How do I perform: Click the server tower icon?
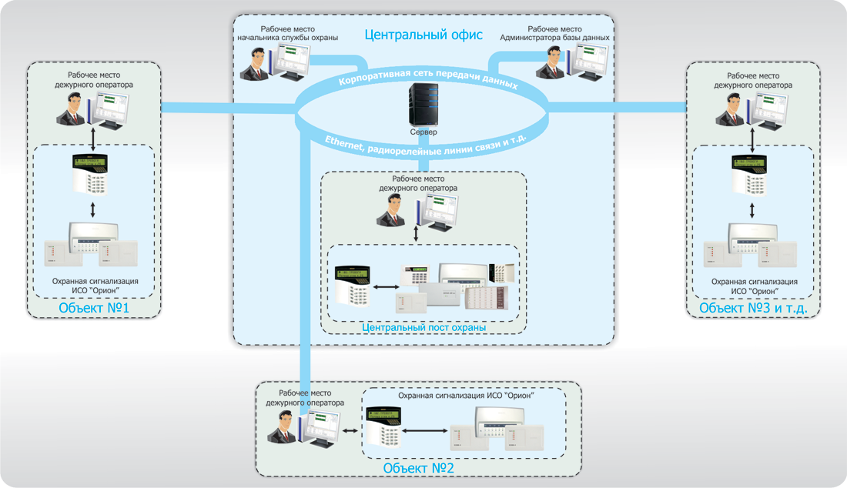(x=423, y=105)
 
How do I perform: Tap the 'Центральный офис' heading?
(x=423, y=35)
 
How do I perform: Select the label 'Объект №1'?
(x=93, y=309)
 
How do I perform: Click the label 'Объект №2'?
(x=417, y=468)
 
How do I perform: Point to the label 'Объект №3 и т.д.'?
(x=752, y=309)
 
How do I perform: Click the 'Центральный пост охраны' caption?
(x=423, y=328)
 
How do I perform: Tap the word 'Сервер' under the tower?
(x=423, y=132)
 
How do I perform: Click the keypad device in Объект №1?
(x=92, y=175)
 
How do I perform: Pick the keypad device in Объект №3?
(x=751, y=175)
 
